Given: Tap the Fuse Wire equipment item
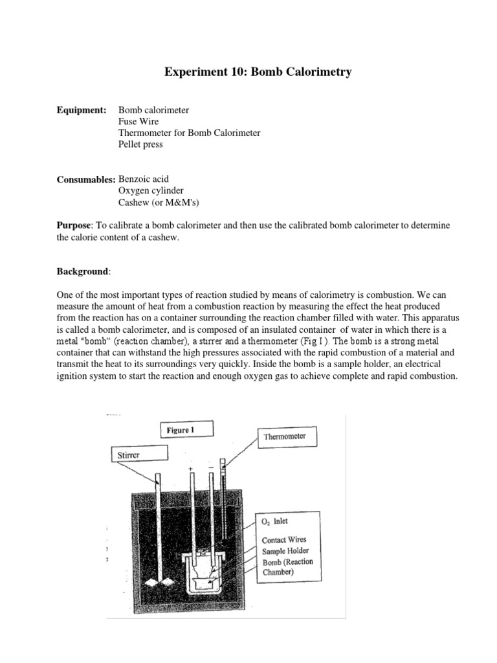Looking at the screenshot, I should click(x=138, y=122).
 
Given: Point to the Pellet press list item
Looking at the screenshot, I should click(x=140, y=144).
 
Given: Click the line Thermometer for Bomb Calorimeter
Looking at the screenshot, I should click(x=189, y=133).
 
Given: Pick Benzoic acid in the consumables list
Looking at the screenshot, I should click(x=145, y=178).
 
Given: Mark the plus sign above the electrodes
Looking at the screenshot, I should click(x=190, y=467).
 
